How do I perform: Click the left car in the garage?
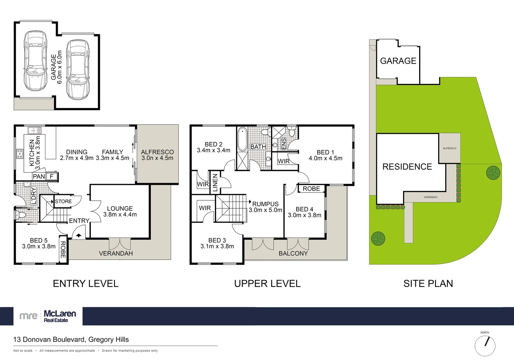[35, 61]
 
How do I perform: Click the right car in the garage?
[78, 70]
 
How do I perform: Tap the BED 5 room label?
[39, 240]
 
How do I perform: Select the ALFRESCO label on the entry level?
[157, 152]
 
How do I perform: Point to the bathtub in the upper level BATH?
[242, 139]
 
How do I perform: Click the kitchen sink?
[35, 130]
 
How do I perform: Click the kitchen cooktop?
[20, 154]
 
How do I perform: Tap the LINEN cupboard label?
[215, 183]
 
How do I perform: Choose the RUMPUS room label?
[265, 204]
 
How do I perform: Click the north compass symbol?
[485, 345]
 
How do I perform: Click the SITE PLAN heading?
[428, 284]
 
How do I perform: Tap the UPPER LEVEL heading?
[267, 284]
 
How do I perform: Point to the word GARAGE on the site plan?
[398, 61]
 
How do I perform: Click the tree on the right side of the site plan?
[493, 173]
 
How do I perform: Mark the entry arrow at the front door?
[79, 235]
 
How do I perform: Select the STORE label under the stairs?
[63, 201]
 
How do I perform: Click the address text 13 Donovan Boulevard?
[71, 339]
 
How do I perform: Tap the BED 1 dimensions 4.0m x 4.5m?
[325, 158]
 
